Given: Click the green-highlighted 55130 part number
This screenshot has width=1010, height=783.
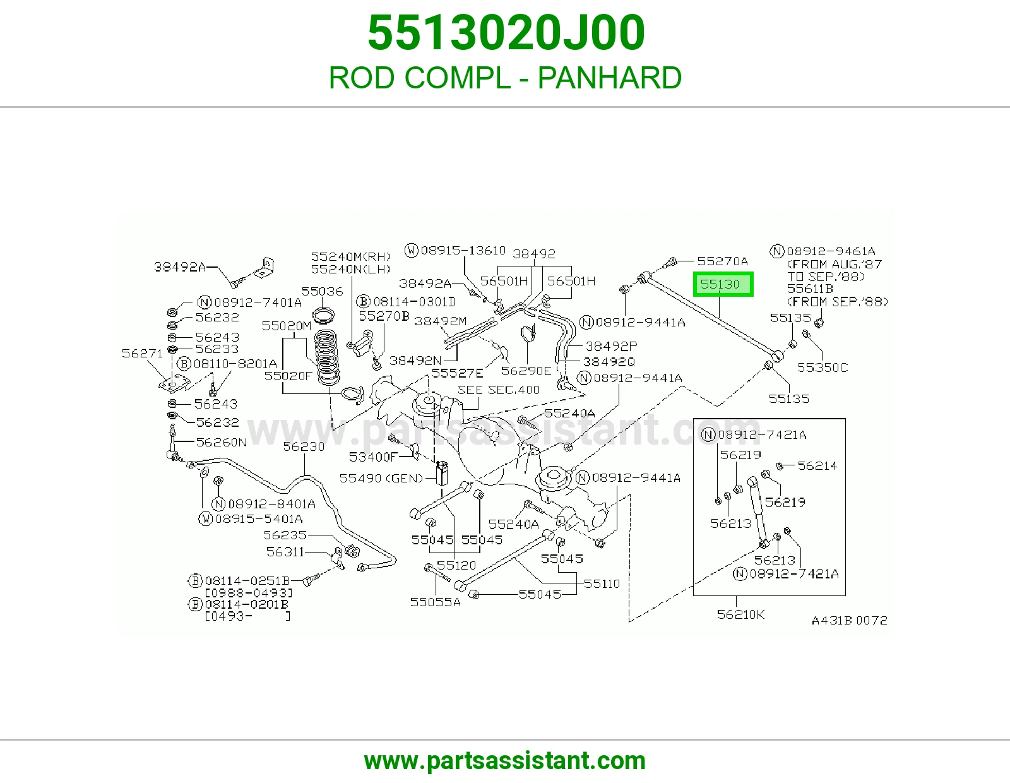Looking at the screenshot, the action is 723,284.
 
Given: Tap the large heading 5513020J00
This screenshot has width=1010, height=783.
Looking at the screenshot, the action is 506,32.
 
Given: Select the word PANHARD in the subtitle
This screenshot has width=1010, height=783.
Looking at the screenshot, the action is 609,78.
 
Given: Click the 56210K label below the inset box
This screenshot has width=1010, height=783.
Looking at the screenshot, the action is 740,614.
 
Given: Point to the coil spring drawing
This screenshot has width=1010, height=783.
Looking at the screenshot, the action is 327,357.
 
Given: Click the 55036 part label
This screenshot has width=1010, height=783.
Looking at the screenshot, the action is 322,292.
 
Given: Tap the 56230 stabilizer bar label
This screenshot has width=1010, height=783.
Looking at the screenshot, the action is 304,446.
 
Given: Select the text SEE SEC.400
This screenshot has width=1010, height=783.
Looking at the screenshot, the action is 499,390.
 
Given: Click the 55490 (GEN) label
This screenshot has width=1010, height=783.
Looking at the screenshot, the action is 381,479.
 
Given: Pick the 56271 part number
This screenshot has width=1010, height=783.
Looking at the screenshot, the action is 142,354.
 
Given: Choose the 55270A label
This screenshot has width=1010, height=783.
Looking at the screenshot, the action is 722,261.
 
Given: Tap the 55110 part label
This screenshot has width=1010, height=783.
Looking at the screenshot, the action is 602,583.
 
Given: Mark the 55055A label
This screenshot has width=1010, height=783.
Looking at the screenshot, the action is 435,602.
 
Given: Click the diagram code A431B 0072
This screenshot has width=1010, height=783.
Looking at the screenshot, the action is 849,620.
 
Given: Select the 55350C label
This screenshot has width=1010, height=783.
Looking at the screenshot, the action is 823,368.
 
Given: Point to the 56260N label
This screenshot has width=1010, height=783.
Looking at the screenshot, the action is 221,442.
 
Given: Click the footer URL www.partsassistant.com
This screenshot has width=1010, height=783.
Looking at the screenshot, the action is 505,761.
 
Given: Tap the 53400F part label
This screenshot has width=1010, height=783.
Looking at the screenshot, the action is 373,457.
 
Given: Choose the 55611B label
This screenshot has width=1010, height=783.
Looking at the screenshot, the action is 810,289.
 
